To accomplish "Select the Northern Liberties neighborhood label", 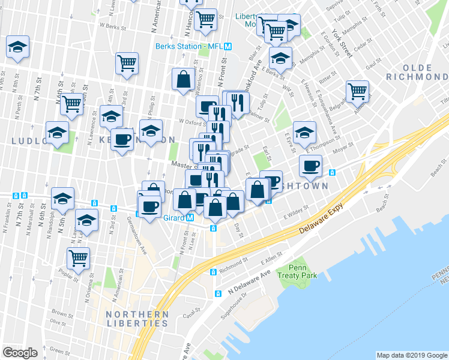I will (x=136, y=319).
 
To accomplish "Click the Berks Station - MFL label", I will (x=190, y=46).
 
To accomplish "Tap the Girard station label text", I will (x=173, y=218).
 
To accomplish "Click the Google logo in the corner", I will (x=20, y=352).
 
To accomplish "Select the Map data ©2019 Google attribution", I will (x=412, y=355).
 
